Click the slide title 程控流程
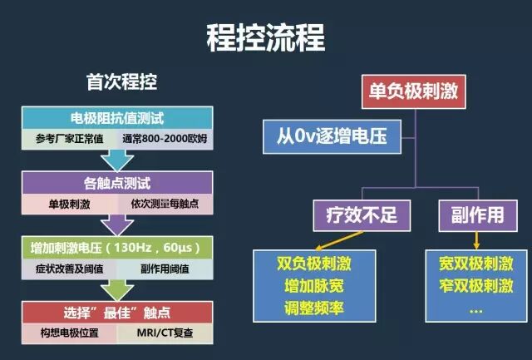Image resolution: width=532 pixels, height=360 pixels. click(x=266, y=37)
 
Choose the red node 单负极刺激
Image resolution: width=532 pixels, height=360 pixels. click(x=413, y=90)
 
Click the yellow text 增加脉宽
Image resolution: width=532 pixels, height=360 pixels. click(x=313, y=287)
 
